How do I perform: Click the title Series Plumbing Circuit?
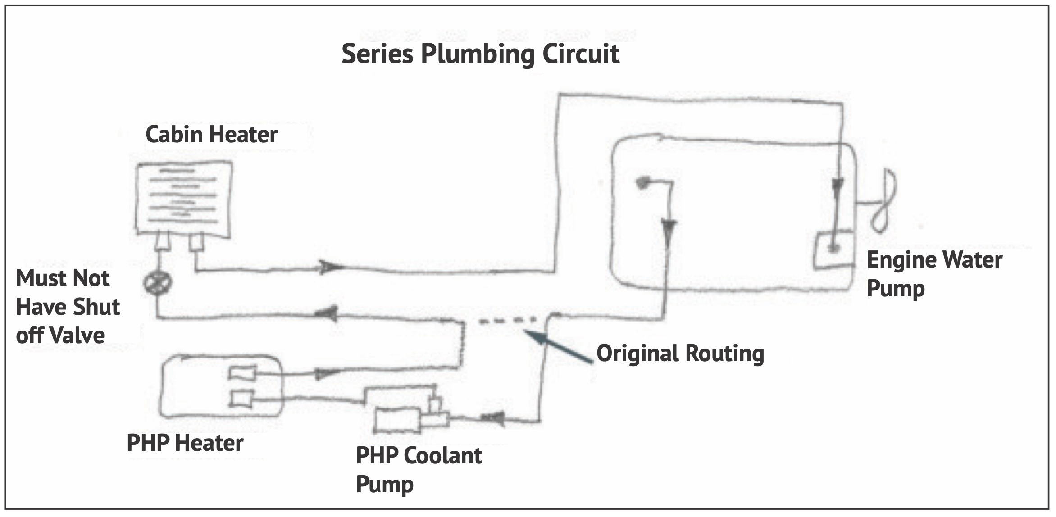click(x=480, y=54)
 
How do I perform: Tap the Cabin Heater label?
click(x=211, y=135)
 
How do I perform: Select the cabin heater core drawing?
click(x=184, y=198)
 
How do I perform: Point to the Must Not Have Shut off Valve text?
click(x=68, y=307)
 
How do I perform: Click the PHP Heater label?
click(x=185, y=443)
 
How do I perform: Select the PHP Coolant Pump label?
click(x=419, y=469)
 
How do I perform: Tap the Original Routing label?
click(x=680, y=353)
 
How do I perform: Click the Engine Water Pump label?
click(x=934, y=274)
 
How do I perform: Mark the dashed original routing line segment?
click(x=507, y=321)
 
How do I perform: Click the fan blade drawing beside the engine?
click(x=884, y=200)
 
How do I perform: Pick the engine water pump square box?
click(x=833, y=250)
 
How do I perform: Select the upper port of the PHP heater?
click(x=242, y=373)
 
